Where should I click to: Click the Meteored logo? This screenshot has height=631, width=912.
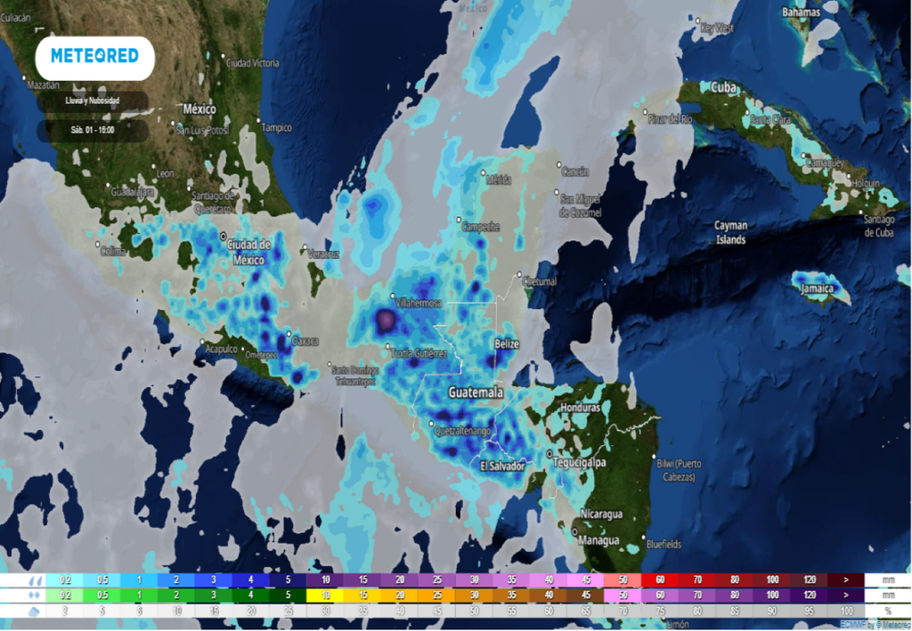[x=94, y=56]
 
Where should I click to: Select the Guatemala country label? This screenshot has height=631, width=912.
[x=476, y=392]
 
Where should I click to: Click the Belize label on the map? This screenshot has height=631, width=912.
[x=506, y=344]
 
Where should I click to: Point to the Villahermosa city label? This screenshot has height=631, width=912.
[x=419, y=303]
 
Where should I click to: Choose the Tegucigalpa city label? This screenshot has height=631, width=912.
[x=579, y=463]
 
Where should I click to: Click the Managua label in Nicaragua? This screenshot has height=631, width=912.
[x=598, y=540]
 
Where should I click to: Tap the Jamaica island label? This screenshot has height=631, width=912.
[x=817, y=288]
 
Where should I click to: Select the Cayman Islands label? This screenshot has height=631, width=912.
[x=731, y=232]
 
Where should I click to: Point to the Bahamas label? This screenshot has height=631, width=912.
[x=802, y=12]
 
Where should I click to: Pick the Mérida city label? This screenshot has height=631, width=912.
[x=499, y=180]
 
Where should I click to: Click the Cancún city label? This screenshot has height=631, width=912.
[x=576, y=172]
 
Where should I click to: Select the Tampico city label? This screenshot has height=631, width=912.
[x=276, y=127]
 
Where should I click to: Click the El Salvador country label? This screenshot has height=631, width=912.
[x=502, y=465]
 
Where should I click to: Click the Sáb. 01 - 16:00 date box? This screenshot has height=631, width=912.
[x=93, y=130]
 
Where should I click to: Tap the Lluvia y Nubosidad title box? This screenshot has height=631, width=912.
[x=93, y=101]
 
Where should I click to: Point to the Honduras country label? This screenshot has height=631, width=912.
[x=582, y=407]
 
